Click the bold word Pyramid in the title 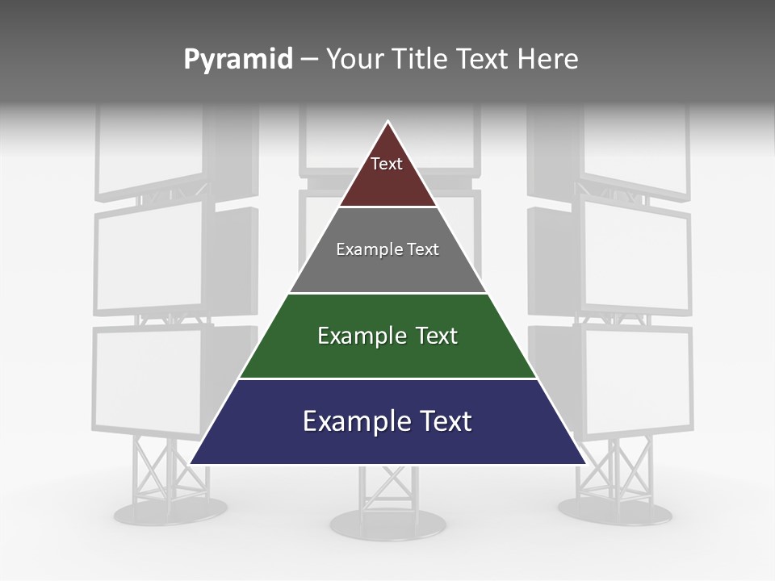(237, 60)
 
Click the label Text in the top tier (387, 164)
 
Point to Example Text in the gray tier (387, 249)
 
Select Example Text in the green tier (387, 336)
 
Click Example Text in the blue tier (387, 421)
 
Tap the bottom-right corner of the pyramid (584, 462)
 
